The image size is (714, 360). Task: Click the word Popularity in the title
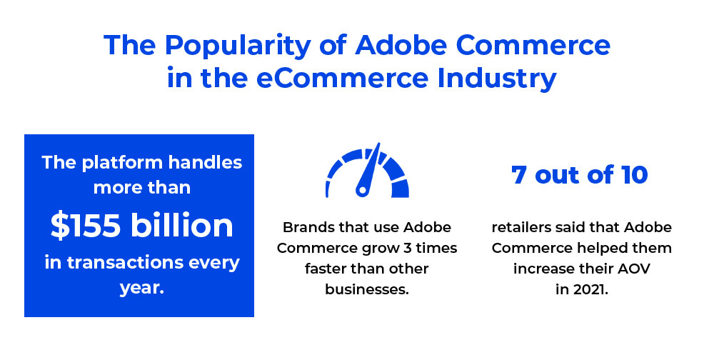pyautogui.click(x=238, y=46)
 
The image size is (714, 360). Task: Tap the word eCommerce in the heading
pyautogui.click(x=343, y=78)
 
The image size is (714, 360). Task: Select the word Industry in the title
pyautogui.click(x=497, y=79)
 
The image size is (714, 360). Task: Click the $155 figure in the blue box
pyautogui.click(x=86, y=226)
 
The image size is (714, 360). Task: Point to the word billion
pyautogui.click(x=182, y=225)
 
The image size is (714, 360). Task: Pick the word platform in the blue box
pyautogui.click(x=122, y=163)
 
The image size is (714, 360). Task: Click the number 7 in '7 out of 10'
pyautogui.click(x=518, y=174)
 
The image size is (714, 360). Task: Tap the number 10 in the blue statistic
pyautogui.click(x=633, y=174)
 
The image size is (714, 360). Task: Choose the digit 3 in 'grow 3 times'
pyautogui.click(x=408, y=248)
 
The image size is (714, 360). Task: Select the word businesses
pyautogui.click(x=367, y=289)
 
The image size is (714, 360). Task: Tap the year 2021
pyautogui.click(x=590, y=289)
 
